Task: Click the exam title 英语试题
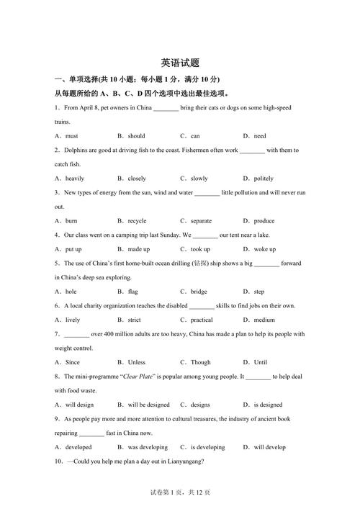pos(180,63)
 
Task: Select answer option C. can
pos(190,136)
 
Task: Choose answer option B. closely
pos(132,179)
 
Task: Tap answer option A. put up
pos(68,249)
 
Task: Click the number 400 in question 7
pos(106,334)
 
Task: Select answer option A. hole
pos(66,292)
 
